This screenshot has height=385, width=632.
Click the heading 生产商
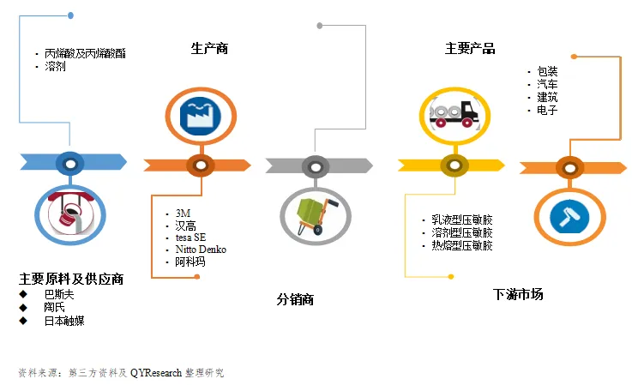coord(209,49)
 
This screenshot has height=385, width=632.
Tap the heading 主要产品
coord(469,49)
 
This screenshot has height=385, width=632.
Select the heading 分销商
coord(295,299)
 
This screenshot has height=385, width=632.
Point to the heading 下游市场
coord(518,294)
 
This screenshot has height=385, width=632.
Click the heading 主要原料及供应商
coord(71,279)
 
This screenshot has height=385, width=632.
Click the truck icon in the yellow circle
coord(452,112)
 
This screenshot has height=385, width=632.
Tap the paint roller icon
coord(567,214)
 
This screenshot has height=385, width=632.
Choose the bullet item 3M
coord(182,213)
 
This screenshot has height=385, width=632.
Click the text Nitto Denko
coord(200,250)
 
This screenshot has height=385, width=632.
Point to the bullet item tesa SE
coord(191,238)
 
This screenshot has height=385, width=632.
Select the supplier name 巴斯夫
coord(59,294)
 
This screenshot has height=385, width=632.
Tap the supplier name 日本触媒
coord(64,321)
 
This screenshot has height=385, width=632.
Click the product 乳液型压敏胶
coord(462,220)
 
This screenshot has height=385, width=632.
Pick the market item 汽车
coord(547,84)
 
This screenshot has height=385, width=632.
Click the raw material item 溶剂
coord(56,66)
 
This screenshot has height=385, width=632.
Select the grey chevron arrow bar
coord(307,163)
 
